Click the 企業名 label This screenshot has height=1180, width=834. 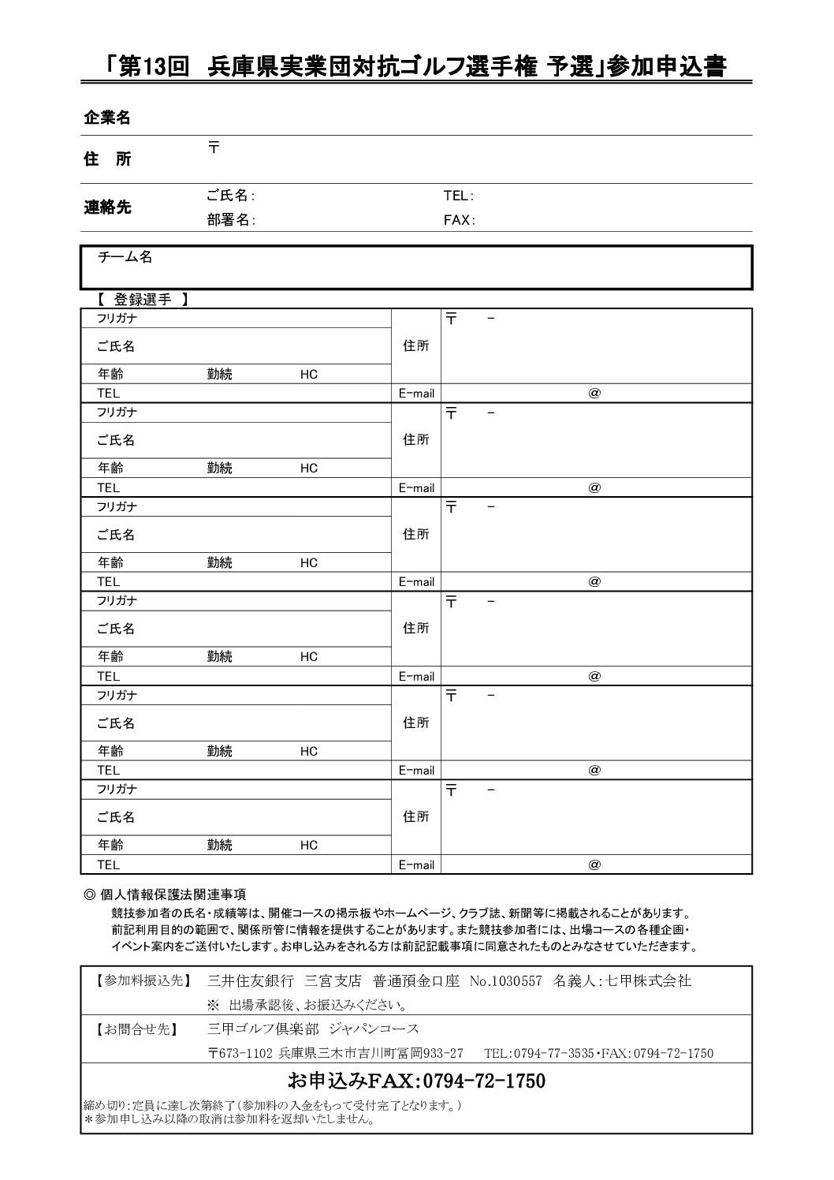pos(107,118)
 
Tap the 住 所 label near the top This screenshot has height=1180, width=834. pos(107,159)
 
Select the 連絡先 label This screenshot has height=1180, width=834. pos(107,208)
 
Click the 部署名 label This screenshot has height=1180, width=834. pos(230,221)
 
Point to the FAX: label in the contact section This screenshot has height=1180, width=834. pos(459,221)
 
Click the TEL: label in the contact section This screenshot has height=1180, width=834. pos(458,196)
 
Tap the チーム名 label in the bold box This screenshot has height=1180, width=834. pos(125,258)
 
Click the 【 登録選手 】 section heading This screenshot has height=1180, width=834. pos(142,300)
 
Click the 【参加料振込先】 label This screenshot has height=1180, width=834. pos(139,981)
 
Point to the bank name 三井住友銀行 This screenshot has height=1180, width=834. pos(250,981)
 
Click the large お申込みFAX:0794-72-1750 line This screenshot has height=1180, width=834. pos(416,1081)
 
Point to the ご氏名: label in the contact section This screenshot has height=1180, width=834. pos(230,196)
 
